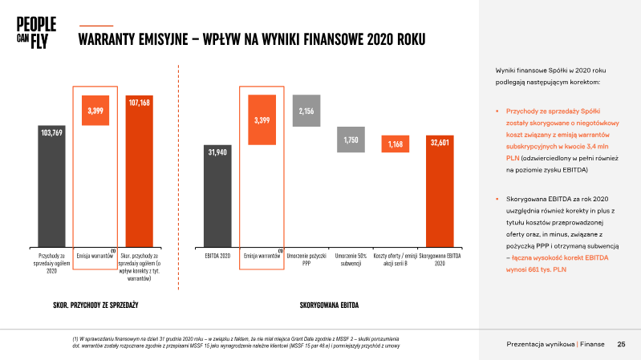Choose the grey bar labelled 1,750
point(351,140)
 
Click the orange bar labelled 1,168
point(396,144)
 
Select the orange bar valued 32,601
point(440,192)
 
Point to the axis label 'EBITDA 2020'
point(219,257)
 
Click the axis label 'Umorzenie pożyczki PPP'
point(306,260)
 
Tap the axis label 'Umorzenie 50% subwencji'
point(351,260)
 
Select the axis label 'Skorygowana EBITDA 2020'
point(440,260)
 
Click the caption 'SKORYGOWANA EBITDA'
point(329,305)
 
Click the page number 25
point(621,344)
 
